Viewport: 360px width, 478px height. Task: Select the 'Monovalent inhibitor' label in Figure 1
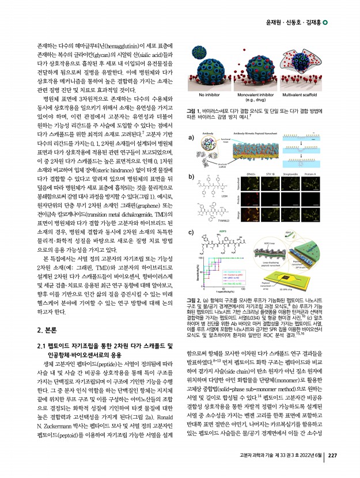tap(257, 94)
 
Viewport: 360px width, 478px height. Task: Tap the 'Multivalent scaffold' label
tap(305, 94)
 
